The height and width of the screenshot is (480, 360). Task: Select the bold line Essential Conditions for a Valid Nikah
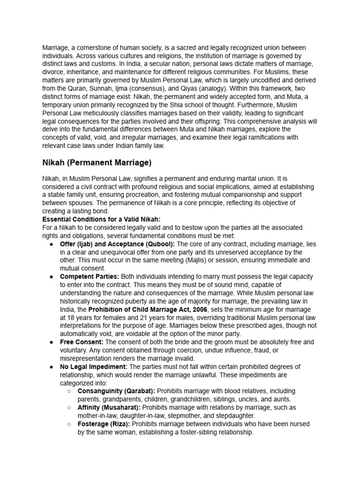101,219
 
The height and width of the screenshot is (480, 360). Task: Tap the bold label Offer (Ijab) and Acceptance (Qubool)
117,244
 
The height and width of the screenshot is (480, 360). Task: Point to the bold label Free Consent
81,342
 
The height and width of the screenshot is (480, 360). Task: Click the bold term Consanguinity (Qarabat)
117,390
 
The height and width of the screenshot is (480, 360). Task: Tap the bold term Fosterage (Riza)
104,424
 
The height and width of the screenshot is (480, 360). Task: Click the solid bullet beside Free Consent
51,342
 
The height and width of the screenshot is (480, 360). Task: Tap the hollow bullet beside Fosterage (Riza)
68,424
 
